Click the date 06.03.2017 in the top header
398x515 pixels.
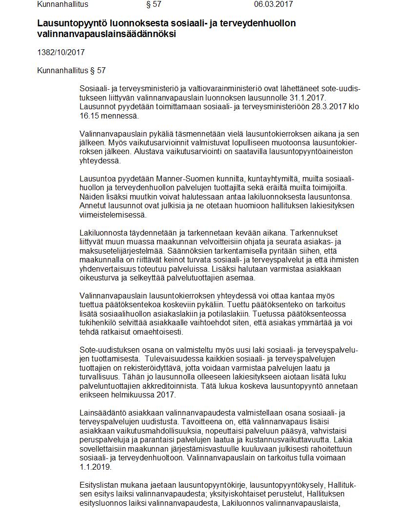coord(273,4)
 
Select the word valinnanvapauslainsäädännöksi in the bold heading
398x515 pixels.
coord(106,34)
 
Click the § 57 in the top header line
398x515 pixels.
coord(154,4)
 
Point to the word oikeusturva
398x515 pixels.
coord(100,278)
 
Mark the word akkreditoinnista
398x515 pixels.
coord(182,386)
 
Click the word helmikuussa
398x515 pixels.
coord(129,395)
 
